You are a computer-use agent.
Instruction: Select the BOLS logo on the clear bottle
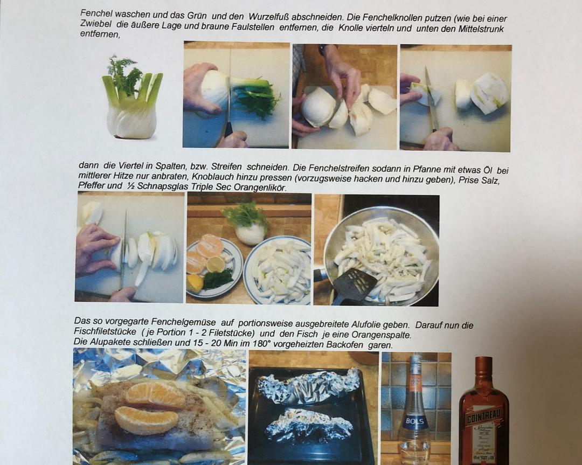pyautogui.click(x=414, y=421)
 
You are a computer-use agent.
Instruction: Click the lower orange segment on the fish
pyautogui.click(x=146, y=420)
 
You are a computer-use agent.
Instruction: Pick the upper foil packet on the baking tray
pyautogui.click(x=308, y=387)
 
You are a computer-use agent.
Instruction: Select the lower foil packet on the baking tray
pyautogui.click(x=310, y=424)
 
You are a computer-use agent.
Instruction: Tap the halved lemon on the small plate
pyautogui.click(x=215, y=264)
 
